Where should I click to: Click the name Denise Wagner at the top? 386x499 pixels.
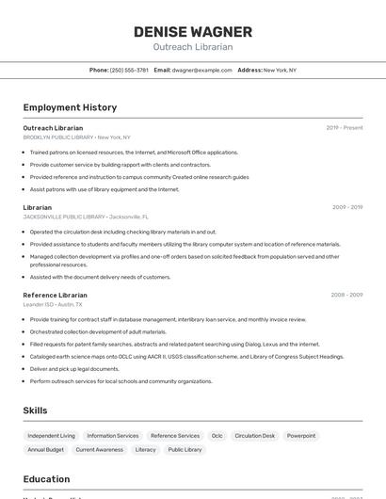pos(193,32)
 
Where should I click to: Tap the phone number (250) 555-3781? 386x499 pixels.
pos(129,70)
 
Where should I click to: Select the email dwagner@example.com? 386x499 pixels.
pos(201,70)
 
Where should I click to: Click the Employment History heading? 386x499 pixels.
pos(70,107)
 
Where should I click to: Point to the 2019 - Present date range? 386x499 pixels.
pos(345,127)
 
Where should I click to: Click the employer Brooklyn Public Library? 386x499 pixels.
pos(58,137)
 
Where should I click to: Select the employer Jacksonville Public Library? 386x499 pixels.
pos(64,217)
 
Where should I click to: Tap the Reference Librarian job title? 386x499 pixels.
pos(55,295)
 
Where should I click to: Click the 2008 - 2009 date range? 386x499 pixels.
pos(346,295)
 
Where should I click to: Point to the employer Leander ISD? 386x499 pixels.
pos(39,304)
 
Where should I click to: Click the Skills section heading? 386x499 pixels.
pos(36,410)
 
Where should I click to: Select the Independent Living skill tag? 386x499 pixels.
pos(52,436)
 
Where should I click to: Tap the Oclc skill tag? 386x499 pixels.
pos(217,436)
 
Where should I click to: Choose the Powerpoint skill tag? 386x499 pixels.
pos(301,436)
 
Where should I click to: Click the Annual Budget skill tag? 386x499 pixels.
pos(46,450)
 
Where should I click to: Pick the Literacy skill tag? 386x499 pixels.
pos(146,450)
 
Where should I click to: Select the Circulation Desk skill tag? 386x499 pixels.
pos(255,436)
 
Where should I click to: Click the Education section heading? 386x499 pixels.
pos(46,479)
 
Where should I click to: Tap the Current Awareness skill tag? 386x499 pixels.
pos(100,450)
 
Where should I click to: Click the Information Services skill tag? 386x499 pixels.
pos(113,436)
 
